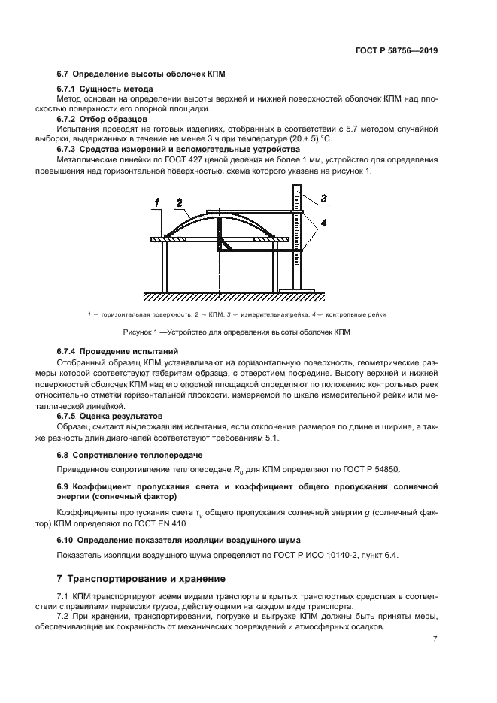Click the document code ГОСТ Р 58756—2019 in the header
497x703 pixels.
(397, 51)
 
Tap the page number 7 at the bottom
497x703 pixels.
(435, 639)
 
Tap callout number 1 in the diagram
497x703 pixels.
(157, 202)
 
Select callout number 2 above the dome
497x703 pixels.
(178, 202)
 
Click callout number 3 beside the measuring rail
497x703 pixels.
(323, 198)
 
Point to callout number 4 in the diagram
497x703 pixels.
(323, 223)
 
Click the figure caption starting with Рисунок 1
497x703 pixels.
(237, 332)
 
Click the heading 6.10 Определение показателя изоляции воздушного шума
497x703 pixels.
(179, 540)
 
